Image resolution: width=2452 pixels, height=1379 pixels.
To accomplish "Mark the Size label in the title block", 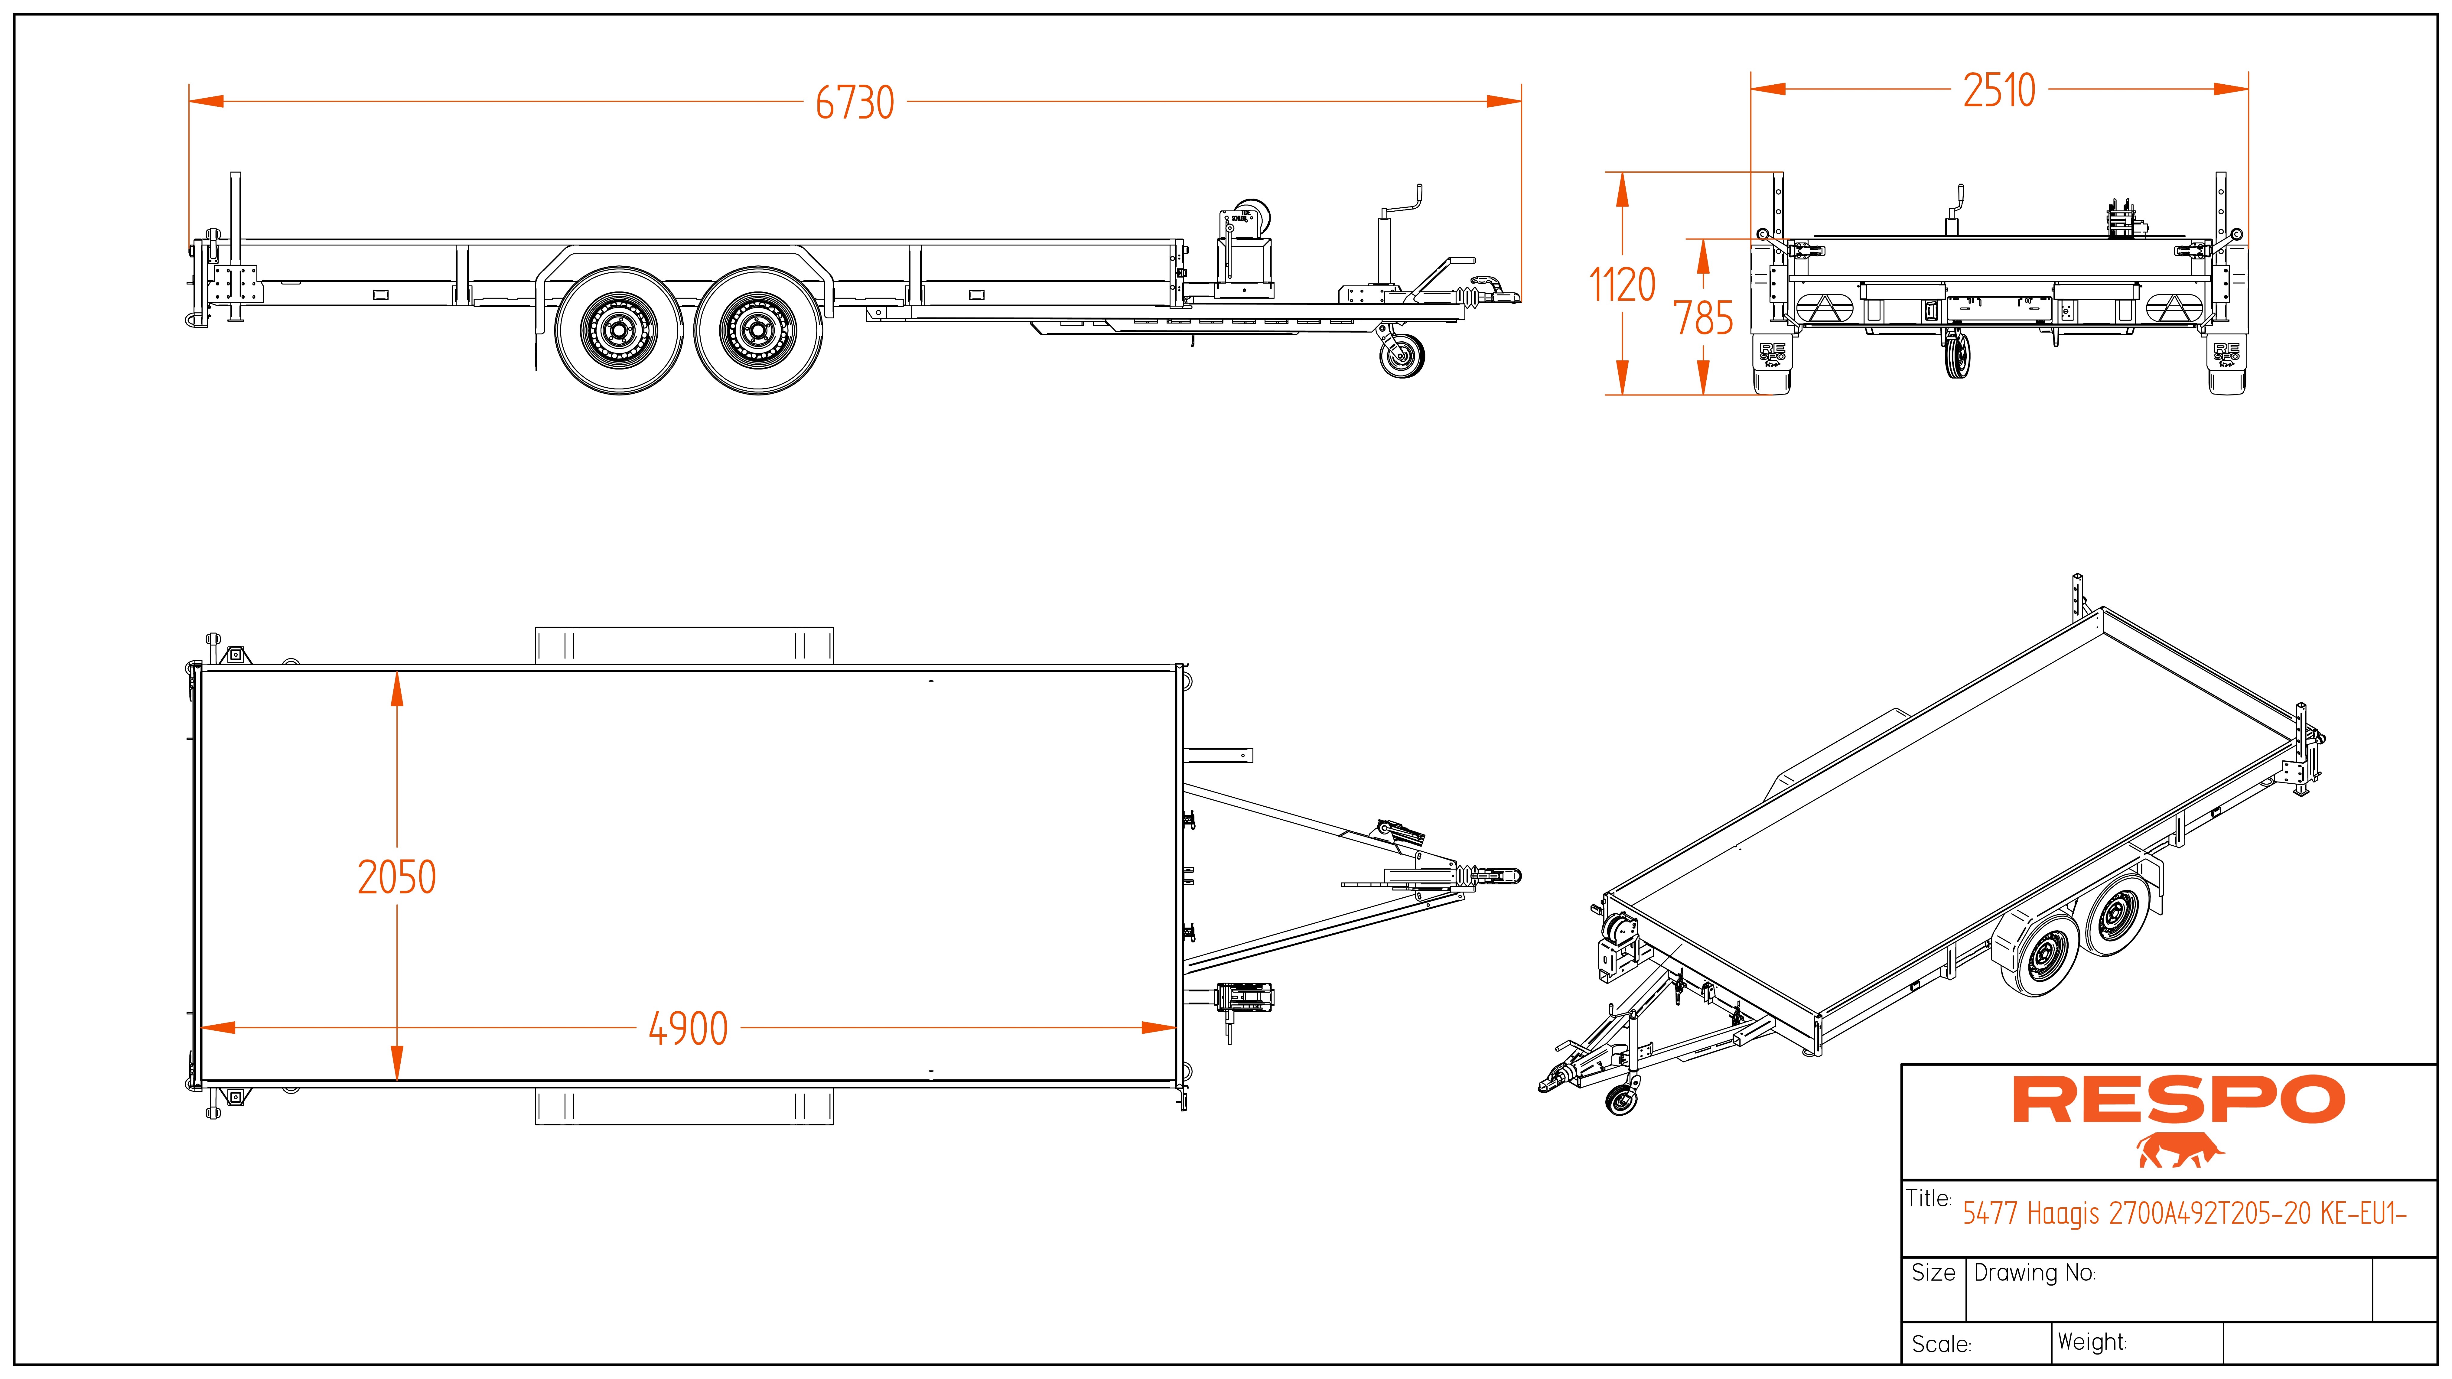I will [1933, 1273].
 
